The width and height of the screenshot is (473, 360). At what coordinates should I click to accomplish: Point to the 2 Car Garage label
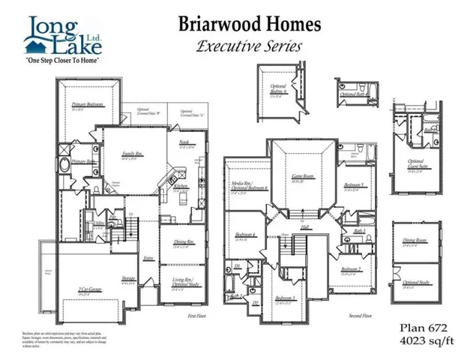[x=89, y=288]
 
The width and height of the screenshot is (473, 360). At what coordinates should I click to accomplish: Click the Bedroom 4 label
[x=241, y=237]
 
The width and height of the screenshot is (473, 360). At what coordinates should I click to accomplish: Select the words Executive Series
[x=250, y=46]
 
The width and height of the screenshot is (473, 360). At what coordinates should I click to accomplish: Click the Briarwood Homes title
[x=250, y=24]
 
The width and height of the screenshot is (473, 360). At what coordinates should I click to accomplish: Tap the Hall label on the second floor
[x=308, y=230]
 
